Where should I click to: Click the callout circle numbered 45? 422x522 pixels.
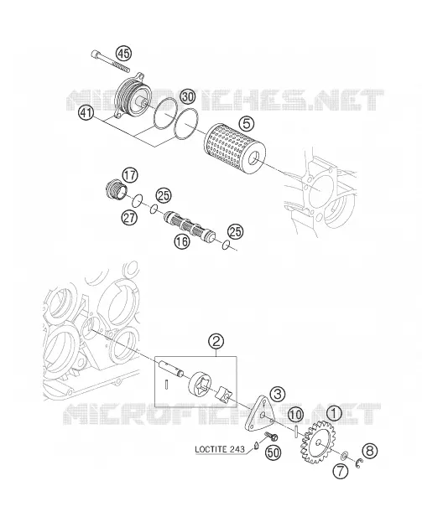click(x=123, y=54)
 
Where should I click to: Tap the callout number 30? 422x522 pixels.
click(x=187, y=97)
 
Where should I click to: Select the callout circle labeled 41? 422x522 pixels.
click(x=86, y=113)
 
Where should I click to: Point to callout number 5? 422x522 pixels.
click(x=246, y=123)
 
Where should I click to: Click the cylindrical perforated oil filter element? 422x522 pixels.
click(x=235, y=149)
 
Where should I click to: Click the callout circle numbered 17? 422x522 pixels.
click(x=130, y=175)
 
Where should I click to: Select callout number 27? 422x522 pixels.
click(x=129, y=218)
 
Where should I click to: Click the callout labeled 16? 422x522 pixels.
click(x=182, y=241)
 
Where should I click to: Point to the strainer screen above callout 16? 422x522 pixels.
click(x=190, y=226)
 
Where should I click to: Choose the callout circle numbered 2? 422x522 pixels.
click(x=216, y=341)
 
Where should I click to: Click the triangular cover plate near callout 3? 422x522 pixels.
click(x=261, y=413)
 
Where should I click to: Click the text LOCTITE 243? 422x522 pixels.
click(x=219, y=449)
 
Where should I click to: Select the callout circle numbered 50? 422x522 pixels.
click(x=273, y=453)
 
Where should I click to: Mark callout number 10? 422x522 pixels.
click(x=295, y=415)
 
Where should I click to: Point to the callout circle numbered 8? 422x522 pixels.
click(x=369, y=451)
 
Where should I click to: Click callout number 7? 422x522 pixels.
click(x=341, y=472)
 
